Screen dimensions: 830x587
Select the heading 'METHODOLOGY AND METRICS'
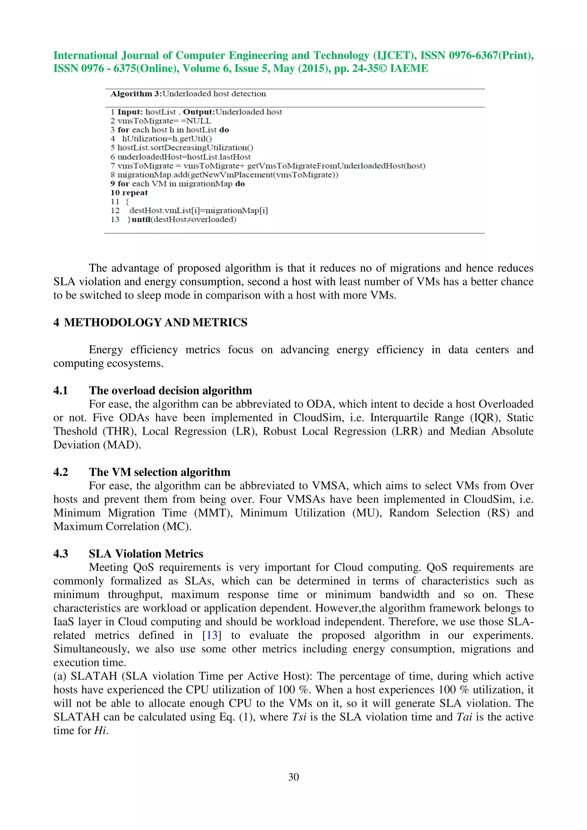[156, 322]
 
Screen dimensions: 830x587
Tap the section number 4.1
[61, 390]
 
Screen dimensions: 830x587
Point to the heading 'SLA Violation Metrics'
[146, 554]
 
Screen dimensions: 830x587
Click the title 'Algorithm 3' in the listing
[136, 94]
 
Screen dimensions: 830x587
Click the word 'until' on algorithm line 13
[141, 219]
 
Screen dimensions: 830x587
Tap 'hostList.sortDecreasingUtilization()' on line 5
[185, 147]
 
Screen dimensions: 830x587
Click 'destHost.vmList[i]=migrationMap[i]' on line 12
[199, 211]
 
